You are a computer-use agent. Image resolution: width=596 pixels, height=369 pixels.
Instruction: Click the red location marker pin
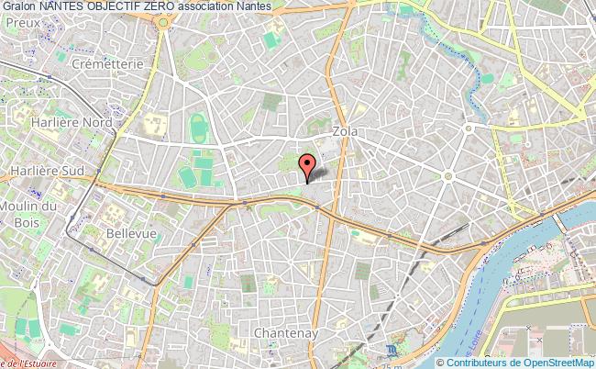tap(307, 165)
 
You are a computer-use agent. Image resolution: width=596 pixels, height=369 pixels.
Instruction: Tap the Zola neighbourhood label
tap(348, 132)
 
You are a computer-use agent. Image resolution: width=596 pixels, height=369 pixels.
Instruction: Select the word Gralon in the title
tap(19, 7)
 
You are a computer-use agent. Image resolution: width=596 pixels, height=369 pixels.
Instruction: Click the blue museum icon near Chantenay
tap(392, 350)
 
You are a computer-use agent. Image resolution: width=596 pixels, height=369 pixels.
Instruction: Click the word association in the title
tap(241, 7)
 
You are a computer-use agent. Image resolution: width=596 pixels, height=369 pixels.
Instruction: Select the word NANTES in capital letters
tap(72, 7)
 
